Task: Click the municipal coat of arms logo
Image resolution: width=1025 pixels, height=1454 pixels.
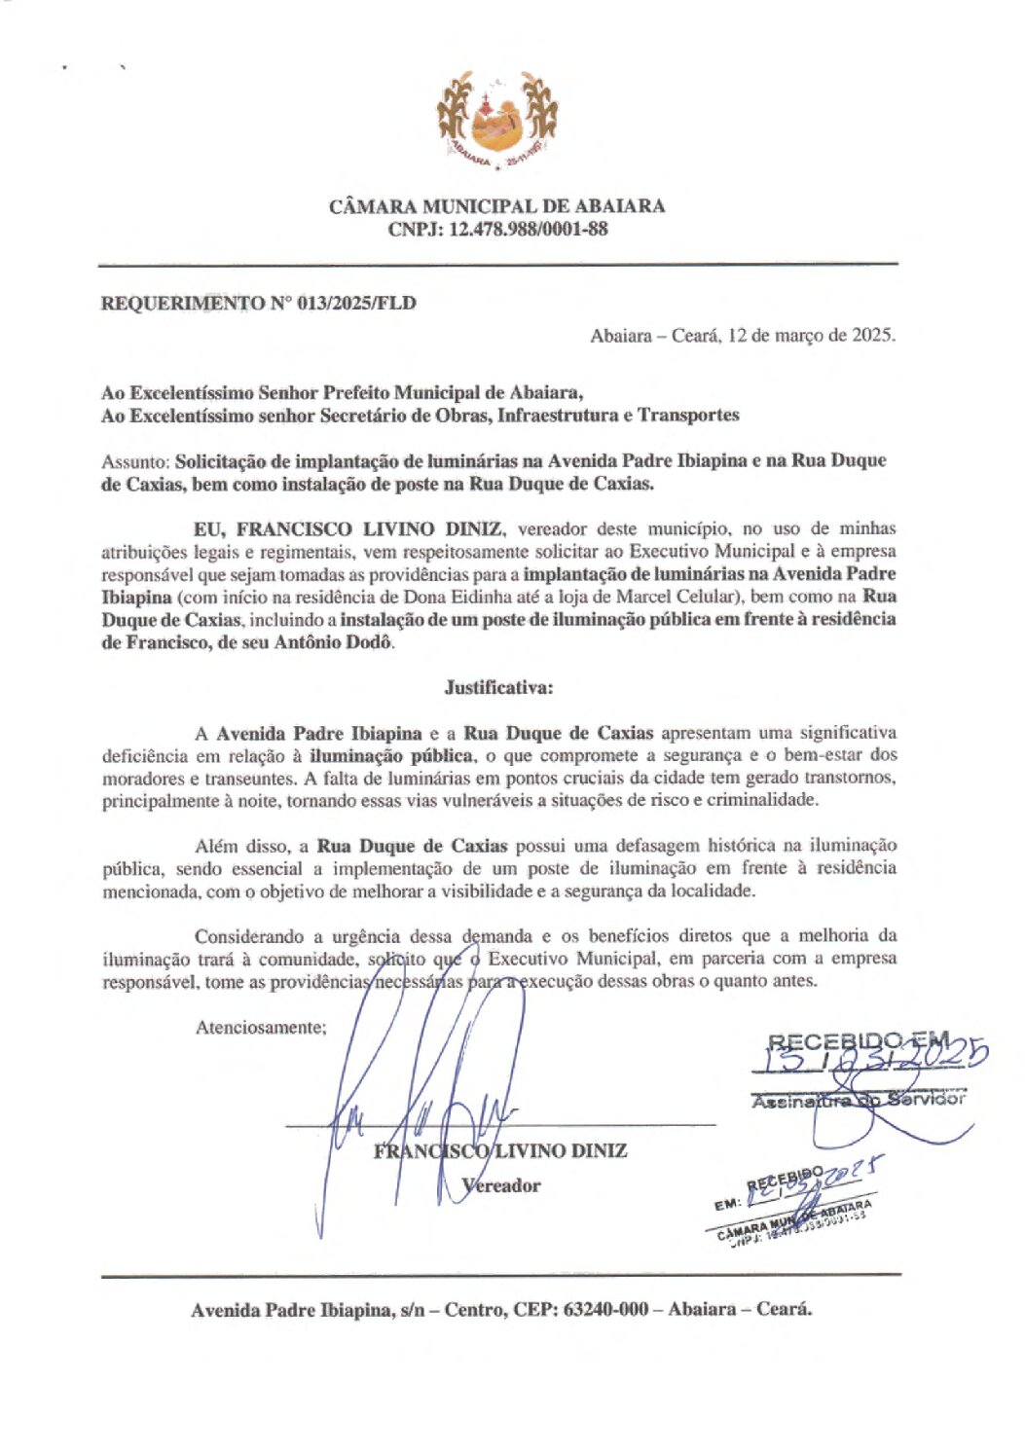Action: [496, 122]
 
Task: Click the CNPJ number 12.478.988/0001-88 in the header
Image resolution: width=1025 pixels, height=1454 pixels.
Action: [528, 230]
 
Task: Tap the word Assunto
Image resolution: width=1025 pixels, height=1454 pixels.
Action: [134, 461]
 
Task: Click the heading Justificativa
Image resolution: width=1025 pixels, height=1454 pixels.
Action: [498, 687]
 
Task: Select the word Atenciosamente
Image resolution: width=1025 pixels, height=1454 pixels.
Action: [260, 1027]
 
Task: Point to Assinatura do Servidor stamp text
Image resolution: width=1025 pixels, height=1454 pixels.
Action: [858, 1100]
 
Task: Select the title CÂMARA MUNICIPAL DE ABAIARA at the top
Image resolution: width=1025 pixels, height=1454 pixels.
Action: [496, 206]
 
